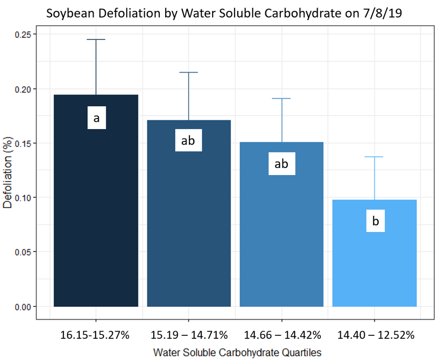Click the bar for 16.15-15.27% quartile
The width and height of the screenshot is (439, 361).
click(x=96, y=213)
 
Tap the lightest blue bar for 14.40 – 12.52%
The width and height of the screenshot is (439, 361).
click(x=374, y=266)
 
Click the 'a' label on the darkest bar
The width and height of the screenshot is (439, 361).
click(x=96, y=118)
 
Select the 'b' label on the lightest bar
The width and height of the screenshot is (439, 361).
click(x=375, y=221)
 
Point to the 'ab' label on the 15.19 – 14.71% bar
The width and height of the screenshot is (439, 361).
click(x=188, y=140)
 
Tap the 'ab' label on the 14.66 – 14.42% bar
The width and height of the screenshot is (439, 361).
click(x=281, y=164)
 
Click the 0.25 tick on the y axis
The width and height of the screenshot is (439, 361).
click(x=23, y=35)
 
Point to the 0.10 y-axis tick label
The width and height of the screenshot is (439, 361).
click(x=23, y=198)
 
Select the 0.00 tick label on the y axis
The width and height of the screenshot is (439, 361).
click(x=23, y=307)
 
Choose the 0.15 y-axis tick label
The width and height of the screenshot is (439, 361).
click(x=23, y=143)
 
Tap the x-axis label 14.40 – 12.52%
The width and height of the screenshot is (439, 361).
click(x=375, y=335)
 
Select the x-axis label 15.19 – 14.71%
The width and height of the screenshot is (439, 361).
click(x=188, y=335)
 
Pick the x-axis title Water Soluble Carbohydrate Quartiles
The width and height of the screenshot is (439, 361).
click(x=237, y=352)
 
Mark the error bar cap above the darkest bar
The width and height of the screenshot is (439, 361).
click(x=96, y=39)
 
